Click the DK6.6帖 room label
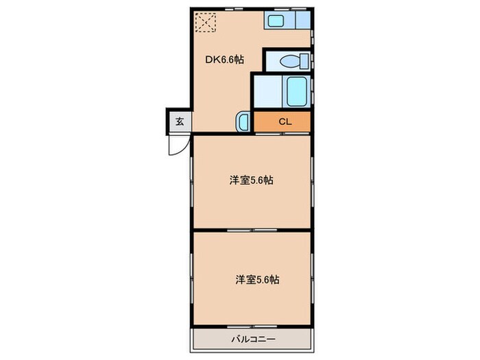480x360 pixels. coord(225,60)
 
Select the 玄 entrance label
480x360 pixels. coord(179,122)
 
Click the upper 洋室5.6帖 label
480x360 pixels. coord(252,181)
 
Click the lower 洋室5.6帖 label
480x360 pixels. coord(257,280)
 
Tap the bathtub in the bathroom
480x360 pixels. coord(296,91)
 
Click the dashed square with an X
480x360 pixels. coord(204,23)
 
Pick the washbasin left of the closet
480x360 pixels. coord(245,122)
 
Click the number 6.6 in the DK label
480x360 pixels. coord(228,60)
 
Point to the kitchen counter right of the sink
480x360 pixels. coord(301,21)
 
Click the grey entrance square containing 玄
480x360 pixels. coord(179,122)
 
